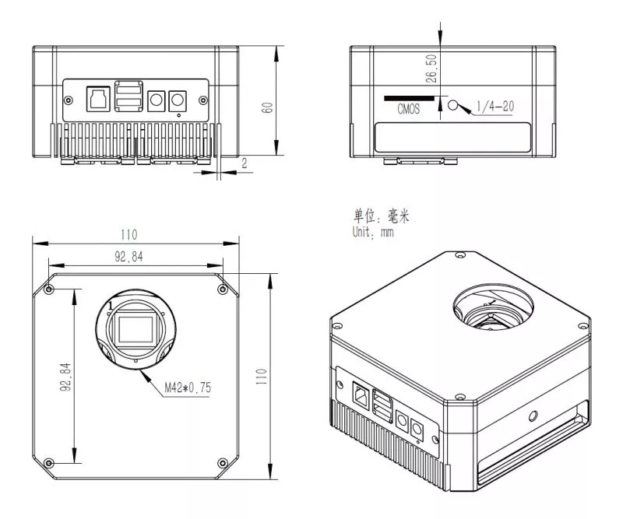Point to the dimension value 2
245,163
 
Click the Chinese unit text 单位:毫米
381,217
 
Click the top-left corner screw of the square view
50,289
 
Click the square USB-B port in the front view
97,98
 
